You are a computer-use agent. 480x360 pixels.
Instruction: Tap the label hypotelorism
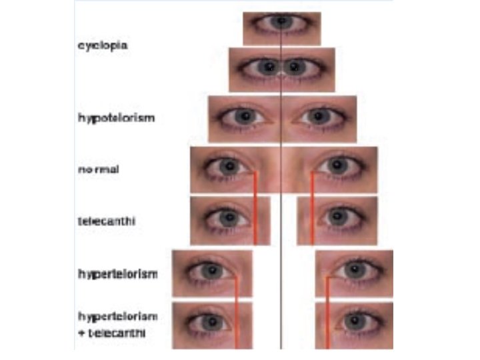click(x=116, y=117)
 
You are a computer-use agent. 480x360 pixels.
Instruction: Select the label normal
click(x=98, y=169)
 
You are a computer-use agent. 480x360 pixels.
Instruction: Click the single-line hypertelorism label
click(x=117, y=273)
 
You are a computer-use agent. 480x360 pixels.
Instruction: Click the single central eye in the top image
click(x=281, y=22)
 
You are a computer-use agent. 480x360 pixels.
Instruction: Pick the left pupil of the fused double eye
click(x=268, y=67)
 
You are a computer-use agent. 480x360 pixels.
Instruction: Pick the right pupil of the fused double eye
click(x=295, y=67)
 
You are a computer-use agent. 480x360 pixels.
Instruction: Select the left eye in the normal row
click(x=229, y=165)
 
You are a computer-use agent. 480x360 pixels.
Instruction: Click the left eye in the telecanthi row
click(x=227, y=217)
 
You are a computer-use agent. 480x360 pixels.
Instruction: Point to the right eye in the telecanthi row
click(x=337, y=217)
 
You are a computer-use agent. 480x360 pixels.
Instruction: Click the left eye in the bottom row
click(x=210, y=322)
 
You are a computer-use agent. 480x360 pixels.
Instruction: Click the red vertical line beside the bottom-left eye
click(x=235, y=327)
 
